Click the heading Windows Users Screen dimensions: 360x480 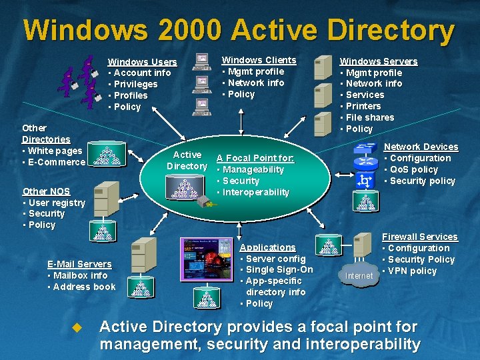pos(142,62)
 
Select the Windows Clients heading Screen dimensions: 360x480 pos(259,60)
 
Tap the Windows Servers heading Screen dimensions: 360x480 pos(379,61)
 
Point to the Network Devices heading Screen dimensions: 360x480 pos(421,147)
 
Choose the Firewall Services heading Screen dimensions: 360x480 pos(419,237)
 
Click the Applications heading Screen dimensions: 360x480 pos(267,247)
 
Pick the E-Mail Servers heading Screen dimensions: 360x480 pos(79,264)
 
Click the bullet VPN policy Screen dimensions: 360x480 pos(411,271)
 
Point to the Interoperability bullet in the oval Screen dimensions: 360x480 pos(255,192)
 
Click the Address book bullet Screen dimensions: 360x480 pos(83,287)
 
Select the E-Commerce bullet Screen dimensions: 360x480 pos(56,162)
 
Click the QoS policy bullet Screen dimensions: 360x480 pos(413,169)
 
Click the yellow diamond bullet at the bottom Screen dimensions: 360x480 pos(77,327)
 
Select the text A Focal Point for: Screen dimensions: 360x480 pos(255,158)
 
